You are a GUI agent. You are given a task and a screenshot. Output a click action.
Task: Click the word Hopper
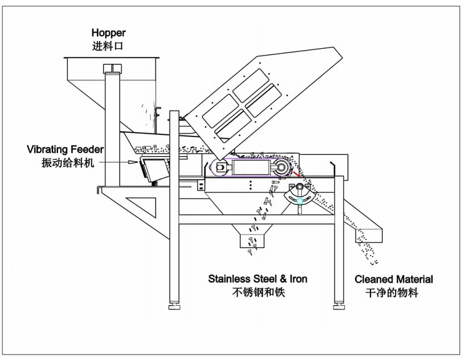[108, 33]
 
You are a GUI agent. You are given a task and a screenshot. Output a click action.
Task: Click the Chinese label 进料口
[108, 46]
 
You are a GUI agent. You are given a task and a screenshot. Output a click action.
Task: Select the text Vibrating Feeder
[65, 149]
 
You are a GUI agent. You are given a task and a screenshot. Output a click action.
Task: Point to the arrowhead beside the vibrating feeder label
[132, 162]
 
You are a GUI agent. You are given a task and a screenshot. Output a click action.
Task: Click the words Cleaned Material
[394, 279]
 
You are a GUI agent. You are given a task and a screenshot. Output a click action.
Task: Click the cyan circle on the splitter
[299, 201]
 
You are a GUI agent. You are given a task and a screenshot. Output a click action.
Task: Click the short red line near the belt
[298, 175]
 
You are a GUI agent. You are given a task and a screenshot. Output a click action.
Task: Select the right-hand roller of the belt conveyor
[280, 167]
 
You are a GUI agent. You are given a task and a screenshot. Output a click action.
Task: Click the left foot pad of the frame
[175, 305]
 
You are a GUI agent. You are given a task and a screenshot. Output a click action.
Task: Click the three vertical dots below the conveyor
[250, 185]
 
